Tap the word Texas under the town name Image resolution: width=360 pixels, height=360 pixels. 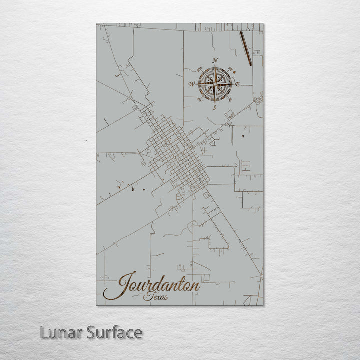point(155,297)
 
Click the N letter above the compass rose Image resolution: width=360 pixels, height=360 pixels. point(215,61)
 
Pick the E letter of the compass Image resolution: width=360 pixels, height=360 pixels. point(238,84)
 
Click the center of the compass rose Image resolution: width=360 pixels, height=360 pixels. point(215,84)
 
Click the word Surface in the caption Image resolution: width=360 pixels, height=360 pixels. point(115,332)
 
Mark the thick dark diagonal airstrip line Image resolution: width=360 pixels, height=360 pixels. point(245,48)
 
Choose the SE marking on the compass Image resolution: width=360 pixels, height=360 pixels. point(231,100)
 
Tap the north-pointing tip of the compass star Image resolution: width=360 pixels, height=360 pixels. point(215,66)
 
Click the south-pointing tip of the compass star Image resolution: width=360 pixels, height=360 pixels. point(215,102)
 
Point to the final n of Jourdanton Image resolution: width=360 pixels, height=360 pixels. point(196,287)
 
